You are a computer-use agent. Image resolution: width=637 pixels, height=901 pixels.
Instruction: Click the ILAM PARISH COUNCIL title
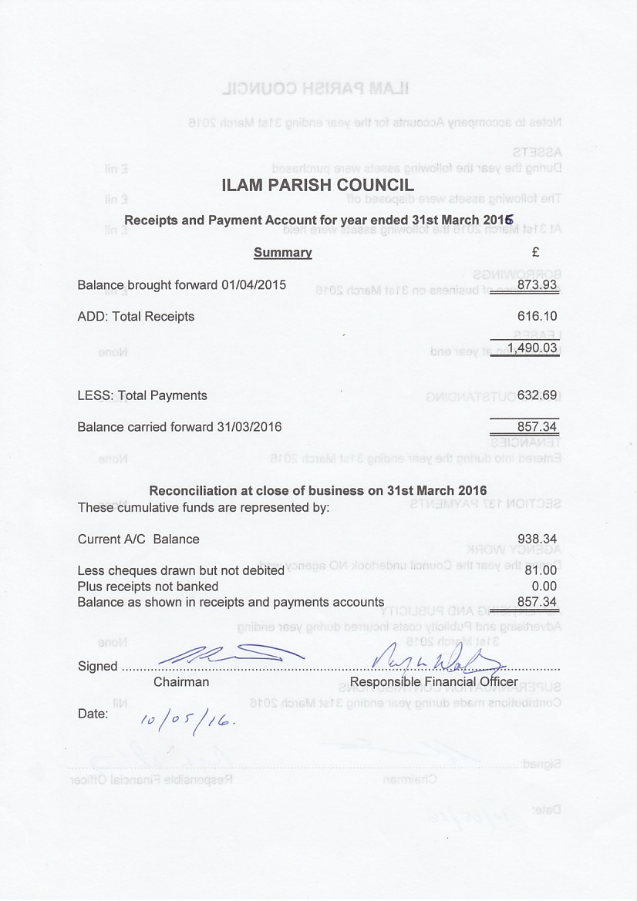click(318, 185)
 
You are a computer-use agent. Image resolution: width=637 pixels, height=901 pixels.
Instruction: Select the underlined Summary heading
click(283, 252)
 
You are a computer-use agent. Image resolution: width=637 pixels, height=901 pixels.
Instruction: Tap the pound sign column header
click(535, 251)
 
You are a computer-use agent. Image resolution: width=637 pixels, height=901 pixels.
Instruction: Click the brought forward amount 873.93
click(538, 284)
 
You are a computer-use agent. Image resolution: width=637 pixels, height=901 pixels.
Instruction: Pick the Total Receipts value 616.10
click(538, 316)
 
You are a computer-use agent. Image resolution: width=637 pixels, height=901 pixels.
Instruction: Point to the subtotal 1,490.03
click(532, 348)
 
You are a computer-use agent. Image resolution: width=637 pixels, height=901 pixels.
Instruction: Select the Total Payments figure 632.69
click(538, 395)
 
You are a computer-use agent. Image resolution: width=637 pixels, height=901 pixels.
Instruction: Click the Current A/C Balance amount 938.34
click(538, 539)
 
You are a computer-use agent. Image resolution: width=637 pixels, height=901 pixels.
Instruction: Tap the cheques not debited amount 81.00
click(541, 571)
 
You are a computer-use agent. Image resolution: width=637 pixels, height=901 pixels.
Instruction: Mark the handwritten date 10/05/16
click(187, 720)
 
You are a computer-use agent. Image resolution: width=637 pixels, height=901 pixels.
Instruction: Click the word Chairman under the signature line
click(181, 682)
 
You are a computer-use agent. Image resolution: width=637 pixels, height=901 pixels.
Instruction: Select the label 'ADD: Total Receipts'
click(136, 316)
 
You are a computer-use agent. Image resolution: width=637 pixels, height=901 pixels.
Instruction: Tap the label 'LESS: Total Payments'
click(142, 395)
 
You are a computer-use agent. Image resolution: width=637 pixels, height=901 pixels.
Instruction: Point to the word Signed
click(98, 667)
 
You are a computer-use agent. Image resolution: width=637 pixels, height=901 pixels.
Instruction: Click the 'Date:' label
click(93, 714)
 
